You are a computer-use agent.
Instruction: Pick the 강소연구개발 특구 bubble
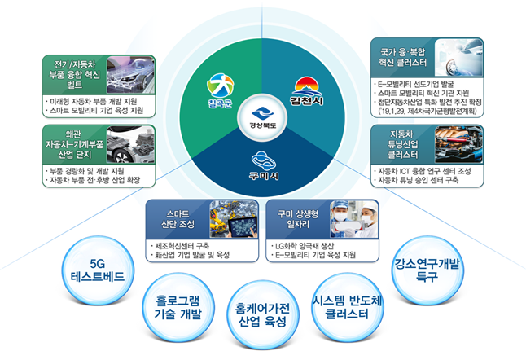(x=426, y=270)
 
